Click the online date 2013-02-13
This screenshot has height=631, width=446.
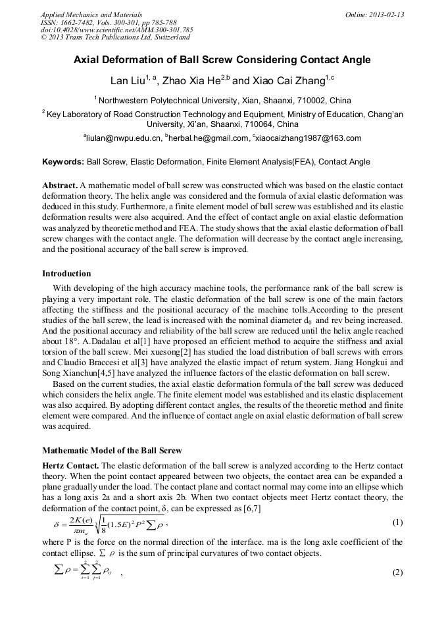pyautogui.click(x=387, y=14)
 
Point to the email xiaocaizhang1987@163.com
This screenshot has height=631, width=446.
pyautogui.click(x=308, y=138)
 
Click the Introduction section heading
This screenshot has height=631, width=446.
pyautogui.click(x=66, y=274)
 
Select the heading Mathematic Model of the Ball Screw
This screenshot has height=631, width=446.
pyautogui.click(x=112, y=451)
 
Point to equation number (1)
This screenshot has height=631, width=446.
pyautogui.click(x=397, y=522)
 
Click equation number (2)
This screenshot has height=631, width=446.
pyautogui.click(x=397, y=572)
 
